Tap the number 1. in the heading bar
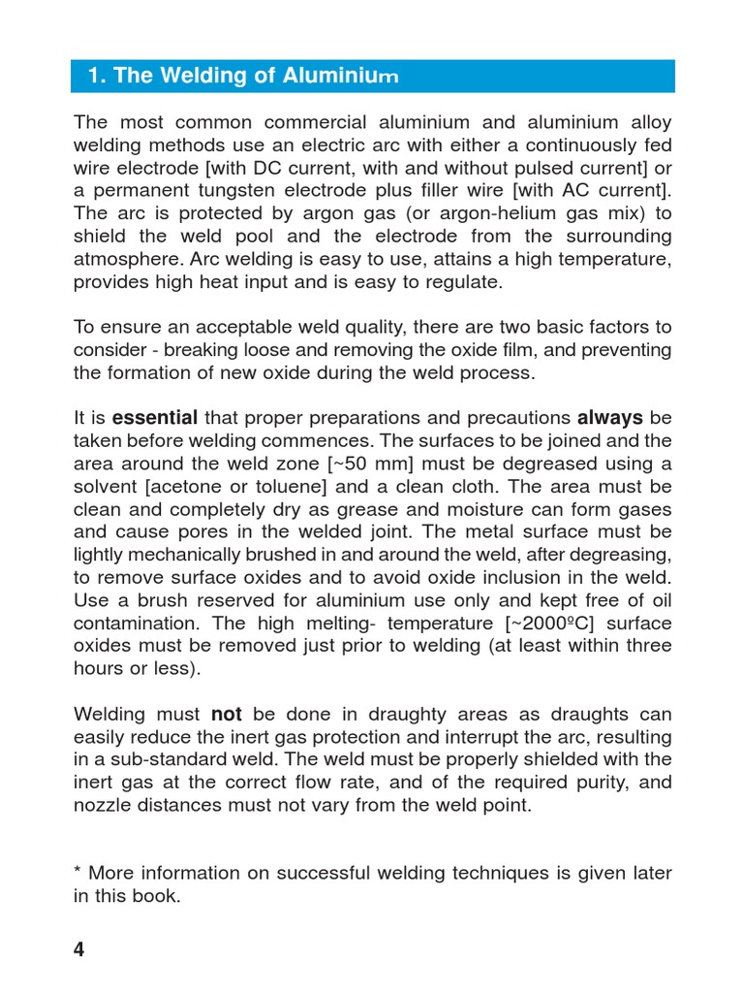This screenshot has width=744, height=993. [x=96, y=76]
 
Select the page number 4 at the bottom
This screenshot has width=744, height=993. [x=79, y=949]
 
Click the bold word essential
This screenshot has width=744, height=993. [x=155, y=418]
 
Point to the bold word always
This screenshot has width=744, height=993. [x=610, y=418]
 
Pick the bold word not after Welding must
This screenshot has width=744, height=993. [x=226, y=714]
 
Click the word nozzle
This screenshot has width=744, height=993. [x=101, y=805]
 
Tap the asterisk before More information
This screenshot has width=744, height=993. [x=77, y=871]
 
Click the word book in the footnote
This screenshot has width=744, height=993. [x=158, y=896]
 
